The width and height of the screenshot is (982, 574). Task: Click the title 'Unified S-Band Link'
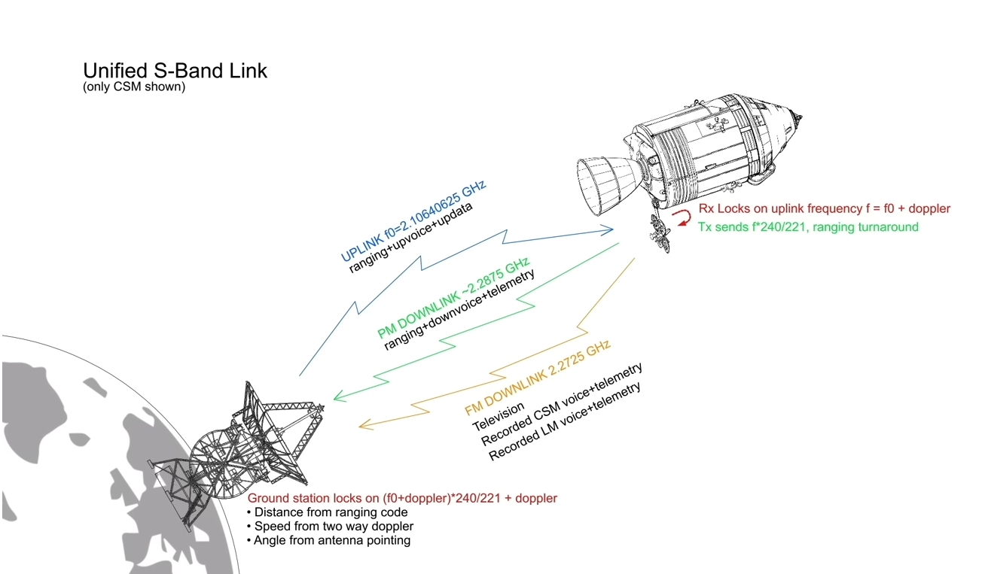pyautogui.click(x=175, y=71)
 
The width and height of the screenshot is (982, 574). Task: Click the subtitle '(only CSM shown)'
pyautogui.click(x=134, y=87)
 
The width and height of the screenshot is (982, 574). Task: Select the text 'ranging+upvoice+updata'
pyautogui.click(x=410, y=238)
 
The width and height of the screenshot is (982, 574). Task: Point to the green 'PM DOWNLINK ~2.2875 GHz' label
pyautogui.click(x=454, y=298)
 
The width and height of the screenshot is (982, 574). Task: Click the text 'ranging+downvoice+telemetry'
pyautogui.click(x=459, y=309)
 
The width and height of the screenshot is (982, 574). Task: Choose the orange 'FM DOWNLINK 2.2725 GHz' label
pyautogui.click(x=538, y=378)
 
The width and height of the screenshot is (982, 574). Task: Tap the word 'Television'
pyautogui.click(x=498, y=416)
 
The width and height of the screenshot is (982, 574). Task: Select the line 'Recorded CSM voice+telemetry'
pyautogui.click(x=562, y=404)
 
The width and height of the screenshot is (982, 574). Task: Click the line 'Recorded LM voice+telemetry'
pyautogui.click(x=565, y=421)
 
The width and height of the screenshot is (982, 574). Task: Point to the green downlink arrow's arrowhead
pyautogui.click(x=338, y=396)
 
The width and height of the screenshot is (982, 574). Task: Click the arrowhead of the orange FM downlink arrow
pyautogui.click(x=364, y=425)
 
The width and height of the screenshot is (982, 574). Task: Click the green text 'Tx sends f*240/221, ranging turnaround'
pyautogui.click(x=808, y=227)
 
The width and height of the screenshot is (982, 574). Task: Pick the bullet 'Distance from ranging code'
pyautogui.click(x=327, y=512)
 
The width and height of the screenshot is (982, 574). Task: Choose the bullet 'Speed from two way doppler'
pyautogui.click(x=330, y=527)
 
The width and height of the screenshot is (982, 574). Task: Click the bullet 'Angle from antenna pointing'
pyautogui.click(x=328, y=540)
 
